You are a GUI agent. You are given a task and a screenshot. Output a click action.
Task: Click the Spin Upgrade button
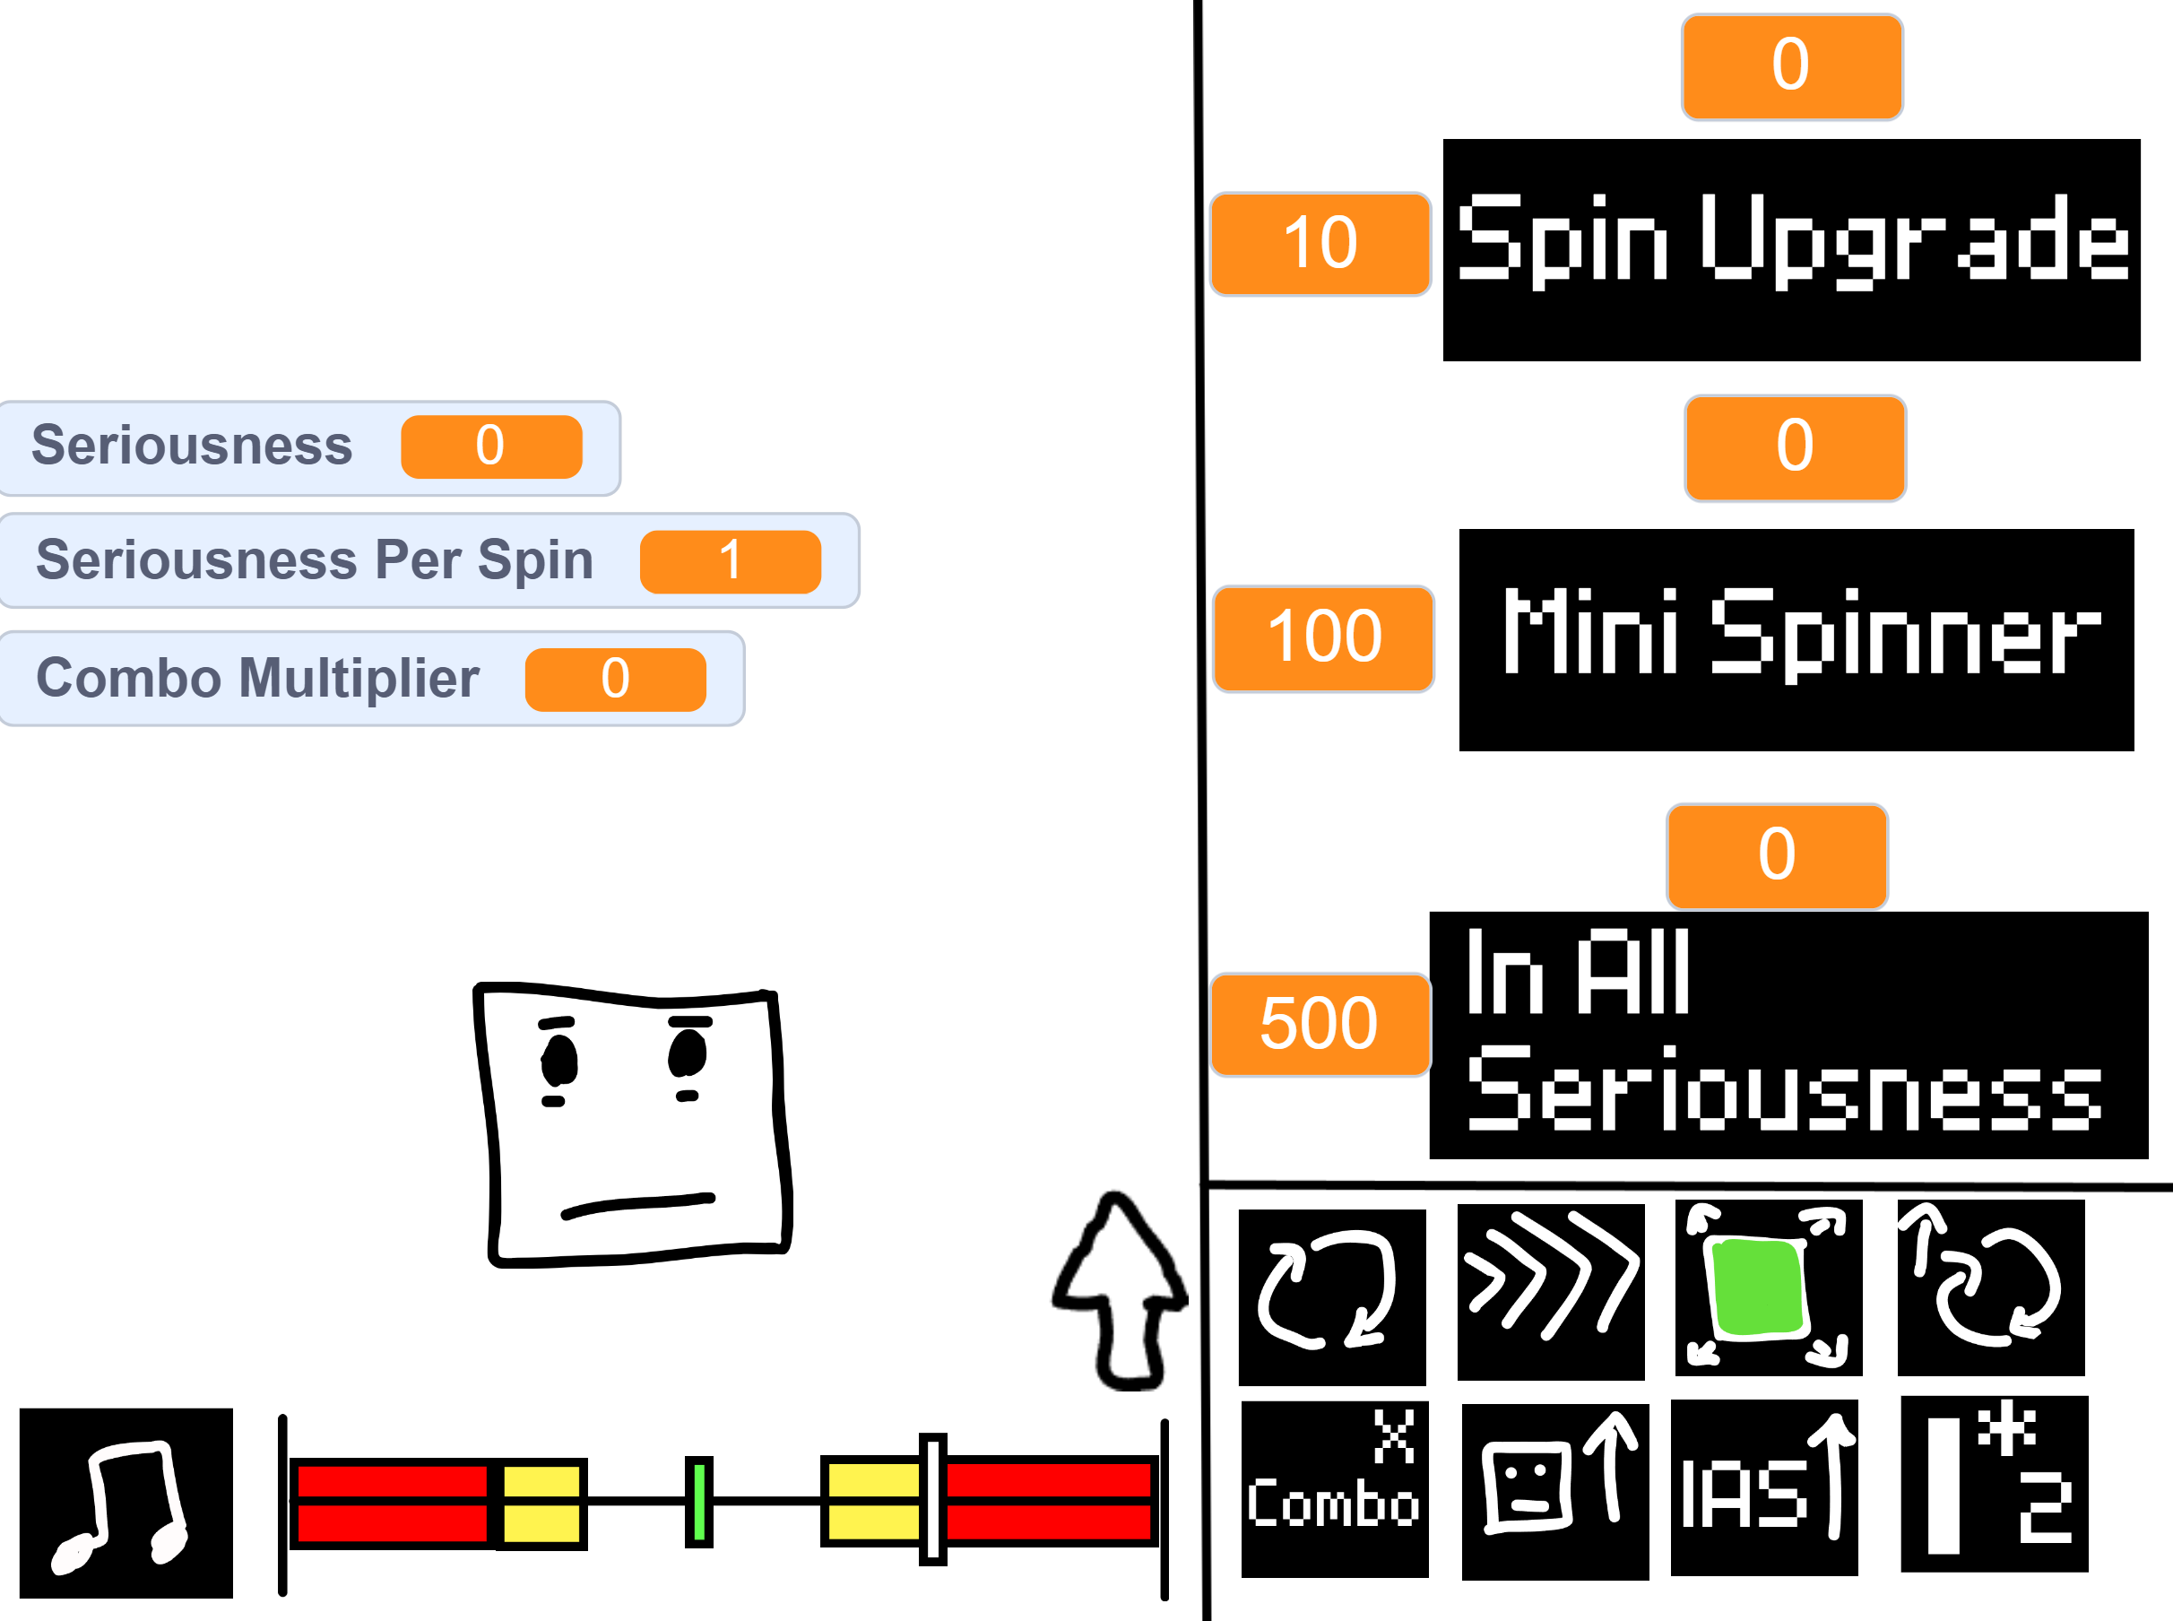tap(1791, 250)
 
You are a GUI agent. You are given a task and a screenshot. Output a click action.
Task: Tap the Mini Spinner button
tap(1796, 640)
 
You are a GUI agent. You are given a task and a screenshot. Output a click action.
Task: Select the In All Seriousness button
tap(1788, 1036)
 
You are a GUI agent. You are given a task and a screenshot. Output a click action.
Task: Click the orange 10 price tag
tap(1320, 243)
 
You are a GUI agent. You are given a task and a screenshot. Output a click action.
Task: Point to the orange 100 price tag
tap(1323, 638)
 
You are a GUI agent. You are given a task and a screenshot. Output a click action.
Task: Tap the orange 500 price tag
tap(1320, 1026)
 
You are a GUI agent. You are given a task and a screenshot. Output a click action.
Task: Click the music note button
tap(126, 1504)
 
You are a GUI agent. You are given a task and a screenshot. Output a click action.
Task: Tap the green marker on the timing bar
tap(698, 1501)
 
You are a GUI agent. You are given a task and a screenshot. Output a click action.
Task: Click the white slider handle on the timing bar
tap(933, 1499)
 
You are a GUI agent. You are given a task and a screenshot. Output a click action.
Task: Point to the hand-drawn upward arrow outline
tap(1120, 1291)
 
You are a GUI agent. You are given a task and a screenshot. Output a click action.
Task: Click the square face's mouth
tap(637, 1206)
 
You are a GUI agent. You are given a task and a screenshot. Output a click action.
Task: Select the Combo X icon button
tap(1334, 1489)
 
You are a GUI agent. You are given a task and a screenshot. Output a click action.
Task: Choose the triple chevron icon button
tap(1551, 1292)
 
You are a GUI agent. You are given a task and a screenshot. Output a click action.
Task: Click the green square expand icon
tap(1769, 1288)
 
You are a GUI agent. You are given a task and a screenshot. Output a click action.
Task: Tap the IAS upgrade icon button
tap(1764, 1487)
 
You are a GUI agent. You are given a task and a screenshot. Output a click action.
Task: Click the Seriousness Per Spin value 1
tap(730, 561)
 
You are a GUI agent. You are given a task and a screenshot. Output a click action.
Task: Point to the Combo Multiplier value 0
tap(615, 679)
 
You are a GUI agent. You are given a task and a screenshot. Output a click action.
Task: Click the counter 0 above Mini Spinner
tap(1796, 447)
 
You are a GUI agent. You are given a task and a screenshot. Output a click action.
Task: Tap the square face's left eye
tap(559, 1060)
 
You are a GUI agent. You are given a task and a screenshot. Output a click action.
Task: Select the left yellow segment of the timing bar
tap(541, 1504)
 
